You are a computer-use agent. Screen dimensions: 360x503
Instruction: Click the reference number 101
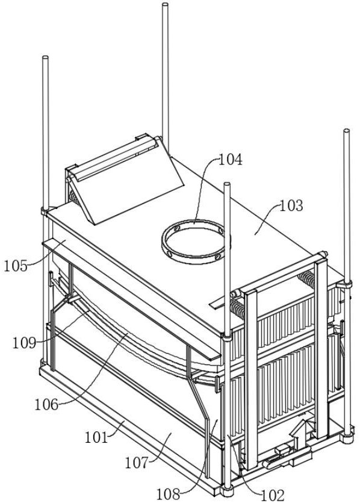click(96, 437)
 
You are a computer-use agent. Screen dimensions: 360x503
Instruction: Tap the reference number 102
click(273, 495)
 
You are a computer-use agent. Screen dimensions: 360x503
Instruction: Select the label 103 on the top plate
click(291, 205)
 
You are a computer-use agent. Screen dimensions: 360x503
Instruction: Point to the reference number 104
click(231, 160)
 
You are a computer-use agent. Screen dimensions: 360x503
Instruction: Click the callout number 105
click(16, 266)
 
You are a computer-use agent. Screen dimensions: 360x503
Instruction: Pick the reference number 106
click(46, 405)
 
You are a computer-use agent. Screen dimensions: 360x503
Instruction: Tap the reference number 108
click(168, 495)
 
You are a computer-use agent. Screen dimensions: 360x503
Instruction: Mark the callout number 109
click(24, 343)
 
